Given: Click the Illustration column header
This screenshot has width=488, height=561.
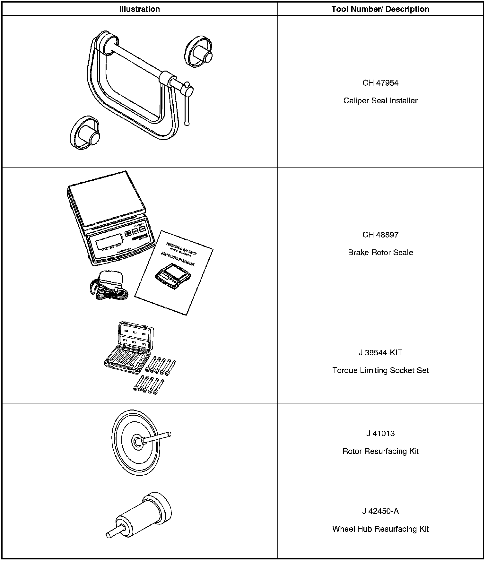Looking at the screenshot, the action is coord(139,9).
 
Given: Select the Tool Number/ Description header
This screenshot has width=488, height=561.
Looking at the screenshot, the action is coord(380,9).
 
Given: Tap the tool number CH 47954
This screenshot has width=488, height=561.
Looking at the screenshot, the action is coord(380,83).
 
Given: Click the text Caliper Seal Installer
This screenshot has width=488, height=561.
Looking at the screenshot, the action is coord(380,100).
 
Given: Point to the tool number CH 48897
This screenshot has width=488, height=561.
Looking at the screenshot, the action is coord(380,235).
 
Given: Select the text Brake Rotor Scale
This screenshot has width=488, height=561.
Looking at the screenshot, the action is coord(380,252).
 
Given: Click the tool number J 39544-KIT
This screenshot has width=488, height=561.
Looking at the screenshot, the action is coord(380,353).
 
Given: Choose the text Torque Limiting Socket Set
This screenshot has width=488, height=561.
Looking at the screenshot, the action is coord(380,370).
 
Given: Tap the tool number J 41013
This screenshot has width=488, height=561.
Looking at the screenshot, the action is coord(380,434).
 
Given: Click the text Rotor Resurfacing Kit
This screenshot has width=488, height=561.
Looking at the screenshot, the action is coord(380,451).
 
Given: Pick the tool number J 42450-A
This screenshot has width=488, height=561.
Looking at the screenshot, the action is coord(380,511).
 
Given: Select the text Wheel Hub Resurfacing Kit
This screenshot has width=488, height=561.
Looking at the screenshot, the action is coord(380,529).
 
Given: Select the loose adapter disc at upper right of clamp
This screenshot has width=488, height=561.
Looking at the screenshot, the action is coord(198,52).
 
